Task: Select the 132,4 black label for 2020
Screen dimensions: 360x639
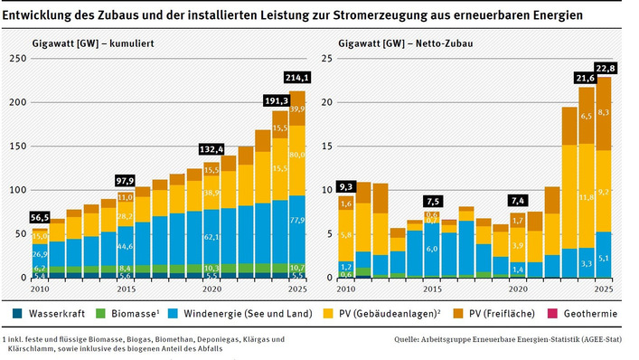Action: click(211, 148)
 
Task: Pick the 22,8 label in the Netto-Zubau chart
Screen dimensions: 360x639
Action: click(606, 68)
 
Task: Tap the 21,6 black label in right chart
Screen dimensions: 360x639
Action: click(586, 79)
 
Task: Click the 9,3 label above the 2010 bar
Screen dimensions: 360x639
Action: click(346, 186)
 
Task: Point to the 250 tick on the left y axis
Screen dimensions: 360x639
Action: click(15, 58)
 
